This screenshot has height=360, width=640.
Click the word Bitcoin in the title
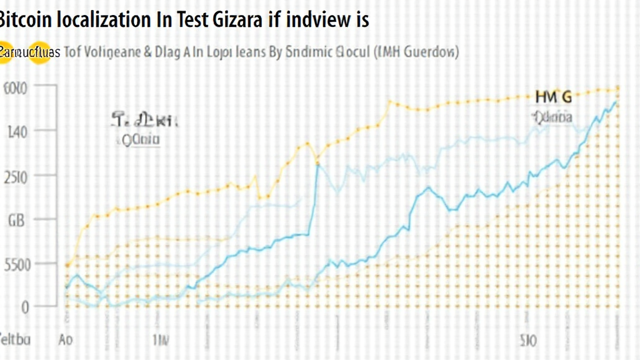(x=24, y=20)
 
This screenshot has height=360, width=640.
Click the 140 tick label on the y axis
(x=17, y=132)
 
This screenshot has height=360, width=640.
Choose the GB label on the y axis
(x=16, y=220)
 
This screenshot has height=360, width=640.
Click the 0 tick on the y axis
(x=25, y=307)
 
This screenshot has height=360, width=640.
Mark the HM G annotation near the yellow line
(x=553, y=97)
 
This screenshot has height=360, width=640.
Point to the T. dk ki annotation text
(x=145, y=119)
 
